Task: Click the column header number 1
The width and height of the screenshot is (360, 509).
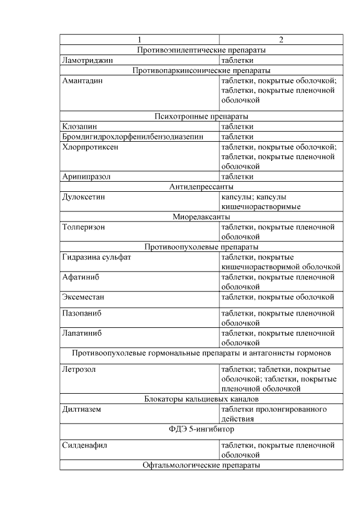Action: tap(139, 40)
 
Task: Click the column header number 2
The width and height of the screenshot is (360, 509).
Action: tap(281, 40)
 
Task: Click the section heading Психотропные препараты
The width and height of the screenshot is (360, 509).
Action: tap(201, 116)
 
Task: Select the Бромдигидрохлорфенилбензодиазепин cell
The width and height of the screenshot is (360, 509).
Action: tap(132, 137)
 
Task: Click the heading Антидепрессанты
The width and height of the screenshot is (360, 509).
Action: tap(201, 187)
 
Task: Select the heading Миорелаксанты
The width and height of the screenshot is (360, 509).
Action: tap(201, 217)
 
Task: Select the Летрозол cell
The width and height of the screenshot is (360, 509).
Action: tap(80, 369)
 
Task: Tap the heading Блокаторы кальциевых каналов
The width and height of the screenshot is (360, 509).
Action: tap(201, 399)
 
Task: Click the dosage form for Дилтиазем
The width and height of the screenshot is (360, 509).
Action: tap(274, 414)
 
